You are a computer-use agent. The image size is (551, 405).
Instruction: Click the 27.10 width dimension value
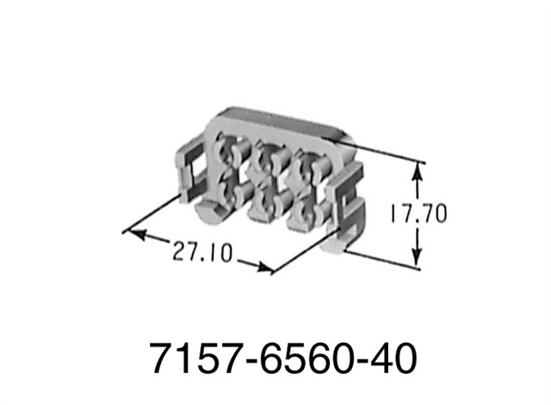[x=202, y=251]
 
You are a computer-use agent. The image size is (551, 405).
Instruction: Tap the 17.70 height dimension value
[x=419, y=214]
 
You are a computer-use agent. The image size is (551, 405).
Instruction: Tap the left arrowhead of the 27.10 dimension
[x=136, y=234]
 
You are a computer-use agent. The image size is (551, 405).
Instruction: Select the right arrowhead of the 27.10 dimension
[x=263, y=267]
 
